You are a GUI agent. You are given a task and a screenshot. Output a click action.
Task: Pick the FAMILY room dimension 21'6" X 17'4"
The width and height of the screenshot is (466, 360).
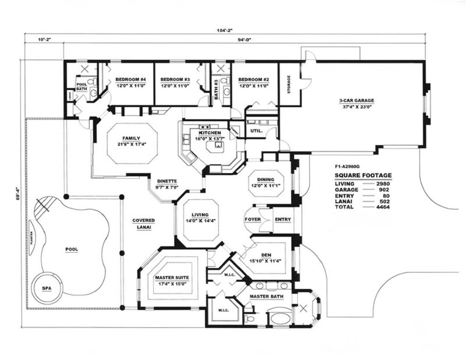(131, 144)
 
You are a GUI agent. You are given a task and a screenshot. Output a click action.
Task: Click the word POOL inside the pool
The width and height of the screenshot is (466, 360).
(71, 249)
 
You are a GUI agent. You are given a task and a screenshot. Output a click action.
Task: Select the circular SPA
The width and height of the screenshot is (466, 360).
(47, 288)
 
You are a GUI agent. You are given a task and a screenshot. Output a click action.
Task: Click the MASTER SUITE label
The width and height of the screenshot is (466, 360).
(171, 278)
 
